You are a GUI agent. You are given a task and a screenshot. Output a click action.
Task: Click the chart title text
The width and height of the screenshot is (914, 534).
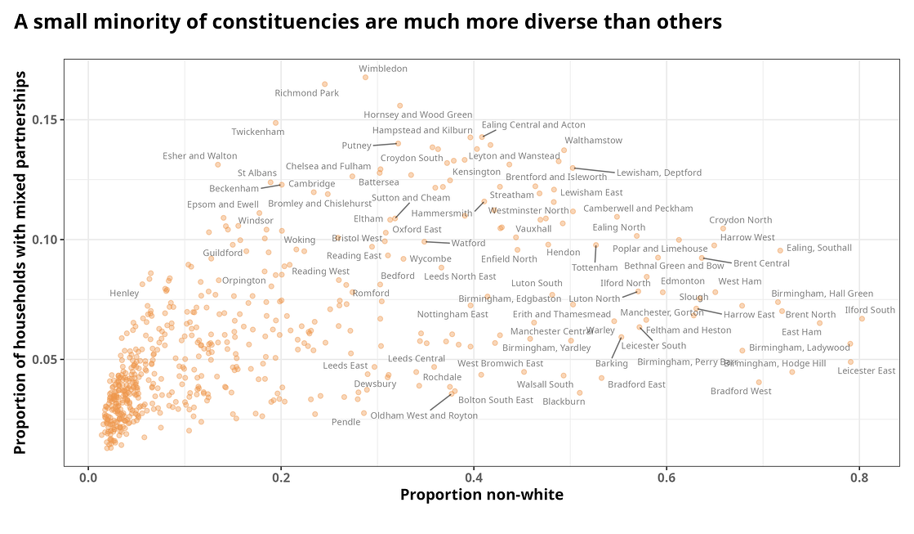point(368,22)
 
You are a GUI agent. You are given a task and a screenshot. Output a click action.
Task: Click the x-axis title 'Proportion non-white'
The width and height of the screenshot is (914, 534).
point(481,495)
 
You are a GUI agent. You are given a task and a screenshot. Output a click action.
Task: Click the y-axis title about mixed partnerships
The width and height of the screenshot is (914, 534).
point(22,263)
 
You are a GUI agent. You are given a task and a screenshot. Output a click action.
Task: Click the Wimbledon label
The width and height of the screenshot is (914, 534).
point(382,69)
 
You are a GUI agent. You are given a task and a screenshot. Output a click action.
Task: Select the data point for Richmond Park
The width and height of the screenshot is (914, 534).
point(324,84)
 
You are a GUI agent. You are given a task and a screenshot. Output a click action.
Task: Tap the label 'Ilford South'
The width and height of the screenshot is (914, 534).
point(869,310)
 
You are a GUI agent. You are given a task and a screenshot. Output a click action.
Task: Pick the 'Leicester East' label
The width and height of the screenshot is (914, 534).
point(866,370)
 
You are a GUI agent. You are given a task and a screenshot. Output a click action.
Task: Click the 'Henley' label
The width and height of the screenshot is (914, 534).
point(124,293)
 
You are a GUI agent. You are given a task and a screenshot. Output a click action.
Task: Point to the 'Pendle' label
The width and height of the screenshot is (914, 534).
point(346,422)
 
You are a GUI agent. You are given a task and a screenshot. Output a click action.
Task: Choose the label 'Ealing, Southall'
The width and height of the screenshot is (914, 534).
point(818,248)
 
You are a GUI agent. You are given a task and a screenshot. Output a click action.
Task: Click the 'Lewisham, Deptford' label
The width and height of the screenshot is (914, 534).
point(658,173)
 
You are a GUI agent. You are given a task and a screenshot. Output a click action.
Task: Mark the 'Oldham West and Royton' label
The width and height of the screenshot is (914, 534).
point(424,415)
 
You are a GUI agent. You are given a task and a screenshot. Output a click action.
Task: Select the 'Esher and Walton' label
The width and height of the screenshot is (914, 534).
point(199,155)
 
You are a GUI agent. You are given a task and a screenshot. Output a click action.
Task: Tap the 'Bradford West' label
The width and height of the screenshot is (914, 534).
point(740,391)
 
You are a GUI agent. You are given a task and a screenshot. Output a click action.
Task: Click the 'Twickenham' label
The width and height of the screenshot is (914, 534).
point(257,132)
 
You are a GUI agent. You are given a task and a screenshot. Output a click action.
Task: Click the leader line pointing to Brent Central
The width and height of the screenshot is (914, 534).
point(717,260)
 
